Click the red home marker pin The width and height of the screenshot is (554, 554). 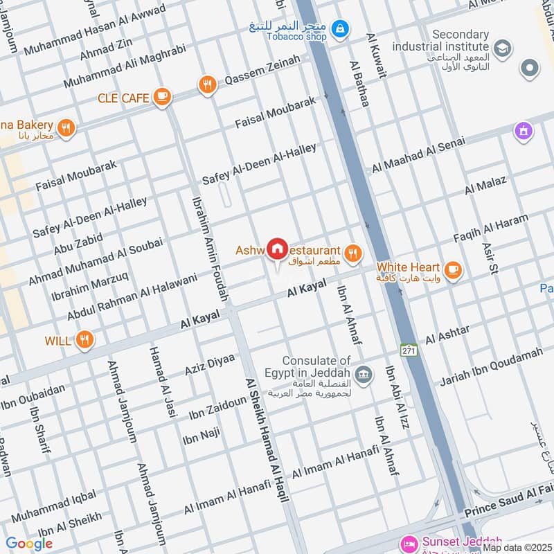[x=278, y=249]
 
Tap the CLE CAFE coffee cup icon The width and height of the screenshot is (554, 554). [x=162, y=97]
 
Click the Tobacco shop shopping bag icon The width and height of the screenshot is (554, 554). [x=339, y=28]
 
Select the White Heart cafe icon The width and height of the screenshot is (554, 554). [x=453, y=270]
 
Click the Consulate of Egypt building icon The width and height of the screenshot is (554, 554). [x=364, y=375]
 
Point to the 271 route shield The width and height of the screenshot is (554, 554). [x=409, y=349]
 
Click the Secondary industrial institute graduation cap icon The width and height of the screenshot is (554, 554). [x=503, y=48]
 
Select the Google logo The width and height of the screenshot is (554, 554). [x=29, y=544]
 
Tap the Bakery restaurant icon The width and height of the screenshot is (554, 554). [x=66, y=127]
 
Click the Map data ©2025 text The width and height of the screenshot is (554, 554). [x=517, y=547]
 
